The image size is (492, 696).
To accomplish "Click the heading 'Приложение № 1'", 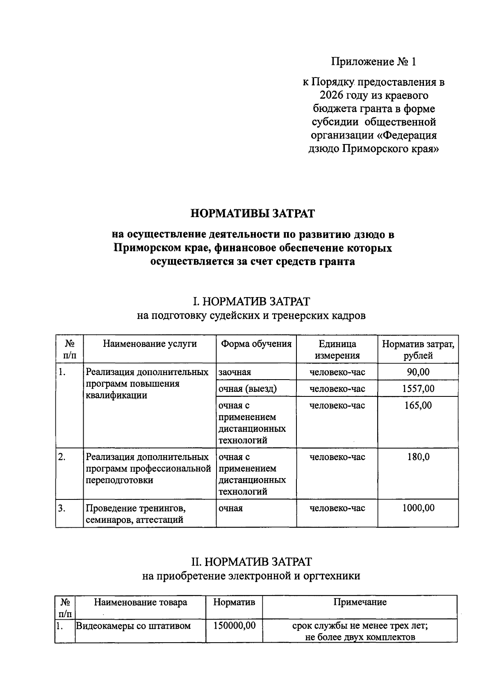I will tap(374, 62).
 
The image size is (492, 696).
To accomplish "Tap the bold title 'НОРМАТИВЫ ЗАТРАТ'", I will tap(253, 213).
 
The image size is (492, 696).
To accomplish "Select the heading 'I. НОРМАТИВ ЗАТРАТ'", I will tap(251, 302).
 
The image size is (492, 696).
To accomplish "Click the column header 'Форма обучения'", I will tap(256, 344).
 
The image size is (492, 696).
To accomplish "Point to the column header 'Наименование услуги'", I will tap(150, 344).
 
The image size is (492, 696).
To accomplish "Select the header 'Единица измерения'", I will tap(337, 350).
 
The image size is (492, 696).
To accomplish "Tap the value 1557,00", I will tap(418, 389).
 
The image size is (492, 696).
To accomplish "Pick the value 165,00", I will tap(418, 405).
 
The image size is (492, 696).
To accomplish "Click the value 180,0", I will tap(418, 457).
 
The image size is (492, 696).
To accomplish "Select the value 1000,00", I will tap(418, 508).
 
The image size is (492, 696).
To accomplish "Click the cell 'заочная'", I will tap(235, 372).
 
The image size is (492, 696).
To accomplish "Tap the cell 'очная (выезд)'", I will tap(248, 389).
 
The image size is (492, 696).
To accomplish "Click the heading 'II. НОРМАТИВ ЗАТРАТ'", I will tap(251, 561).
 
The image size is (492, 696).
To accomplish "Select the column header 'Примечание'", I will tap(360, 602).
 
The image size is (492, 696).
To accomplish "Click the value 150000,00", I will tap(234, 626).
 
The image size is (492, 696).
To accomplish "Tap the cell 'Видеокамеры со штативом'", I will tap(134, 626).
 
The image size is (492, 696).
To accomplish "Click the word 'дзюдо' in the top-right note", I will tap(323, 149).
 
